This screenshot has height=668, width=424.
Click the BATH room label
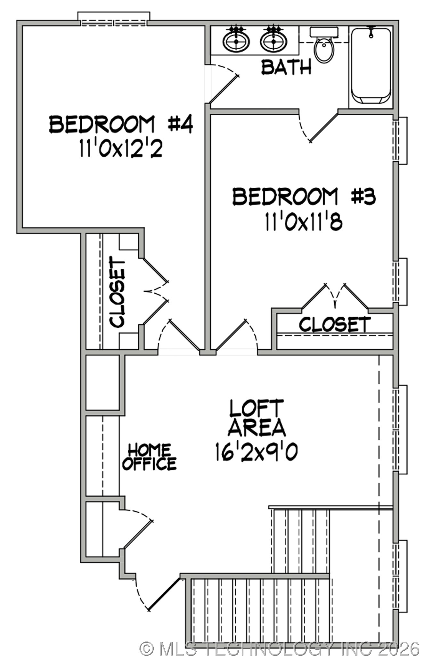[x=286, y=67]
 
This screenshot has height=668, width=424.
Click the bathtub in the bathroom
[x=371, y=66]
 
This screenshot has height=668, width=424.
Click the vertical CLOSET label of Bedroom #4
[x=117, y=292]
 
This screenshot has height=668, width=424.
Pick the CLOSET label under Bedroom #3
[x=335, y=324]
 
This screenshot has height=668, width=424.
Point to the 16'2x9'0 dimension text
[x=256, y=452]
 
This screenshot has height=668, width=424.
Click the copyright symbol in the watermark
[x=147, y=649]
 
